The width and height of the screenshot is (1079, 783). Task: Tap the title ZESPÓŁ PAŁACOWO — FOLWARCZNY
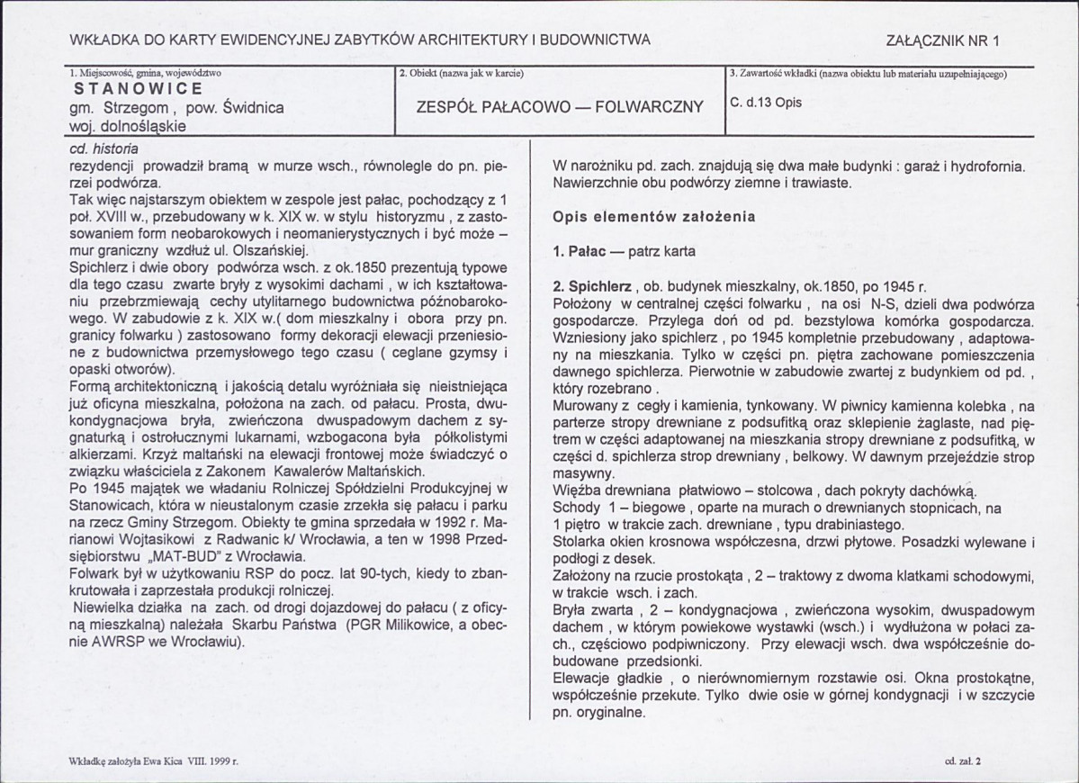[x=560, y=106]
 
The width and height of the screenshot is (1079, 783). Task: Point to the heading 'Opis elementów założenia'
[x=653, y=217]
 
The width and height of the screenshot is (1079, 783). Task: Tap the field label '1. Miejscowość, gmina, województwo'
[x=144, y=73]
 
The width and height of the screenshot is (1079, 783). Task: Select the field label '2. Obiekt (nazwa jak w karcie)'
[x=461, y=73]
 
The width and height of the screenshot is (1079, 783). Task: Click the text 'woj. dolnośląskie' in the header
[x=127, y=126]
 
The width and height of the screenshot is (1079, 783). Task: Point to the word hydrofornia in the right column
[x=986, y=166]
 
